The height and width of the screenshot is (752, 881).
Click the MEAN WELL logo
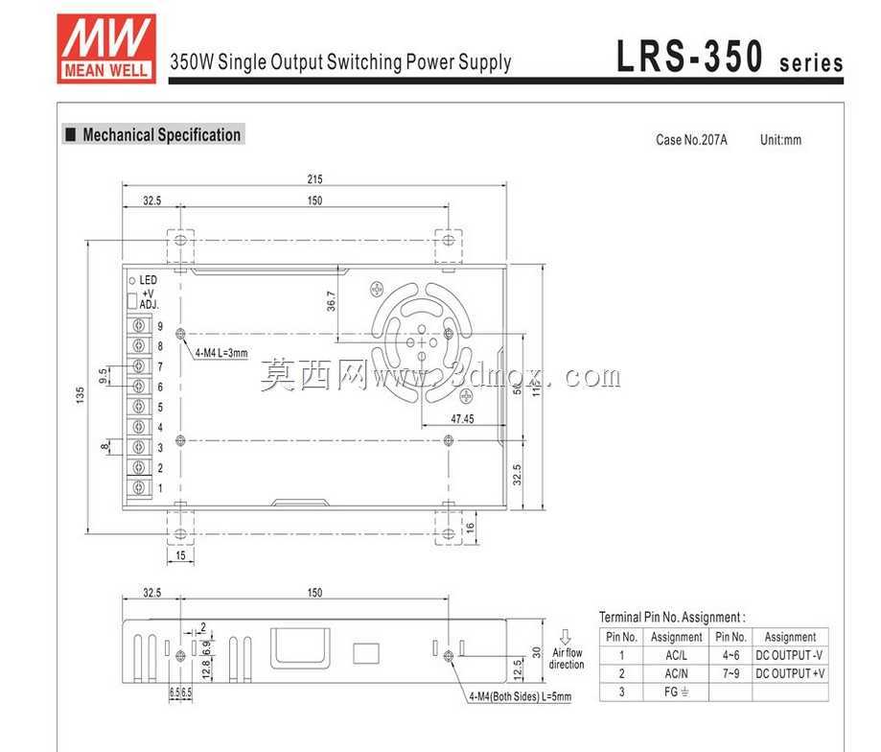click(x=106, y=49)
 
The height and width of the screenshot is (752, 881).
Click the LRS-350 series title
click(x=730, y=57)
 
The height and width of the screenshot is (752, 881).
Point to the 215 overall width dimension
click(x=314, y=179)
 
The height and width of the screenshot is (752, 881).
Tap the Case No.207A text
click(x=691, y=140)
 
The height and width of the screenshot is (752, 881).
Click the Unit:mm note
click(x=780, y=140)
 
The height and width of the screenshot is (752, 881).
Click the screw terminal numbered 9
click(x=139, y=325)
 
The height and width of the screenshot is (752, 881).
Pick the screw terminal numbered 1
click(x=139, y=487)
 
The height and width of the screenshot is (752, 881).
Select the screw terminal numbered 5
click(x=139, y=407)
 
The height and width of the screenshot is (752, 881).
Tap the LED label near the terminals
click(x=148, y=280)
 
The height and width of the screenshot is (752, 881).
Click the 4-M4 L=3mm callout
click(x=221, y=353)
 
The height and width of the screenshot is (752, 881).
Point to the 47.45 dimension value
click(x=462, y=419)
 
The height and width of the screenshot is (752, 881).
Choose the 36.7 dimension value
click(x=331, y=301)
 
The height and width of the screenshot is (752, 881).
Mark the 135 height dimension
click(x=80, y=394)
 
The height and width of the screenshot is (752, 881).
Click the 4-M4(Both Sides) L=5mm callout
click(x=521, y=696)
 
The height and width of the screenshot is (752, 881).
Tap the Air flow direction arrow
click(x=566, y=637)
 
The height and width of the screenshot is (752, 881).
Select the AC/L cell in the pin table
click(x=676, y=655)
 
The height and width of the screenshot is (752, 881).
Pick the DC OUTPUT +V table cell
click(x=790, y=673)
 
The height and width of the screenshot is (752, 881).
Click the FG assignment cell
click(x=676, y=692)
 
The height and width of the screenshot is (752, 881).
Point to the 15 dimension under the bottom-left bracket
click(x=180, y=555)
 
